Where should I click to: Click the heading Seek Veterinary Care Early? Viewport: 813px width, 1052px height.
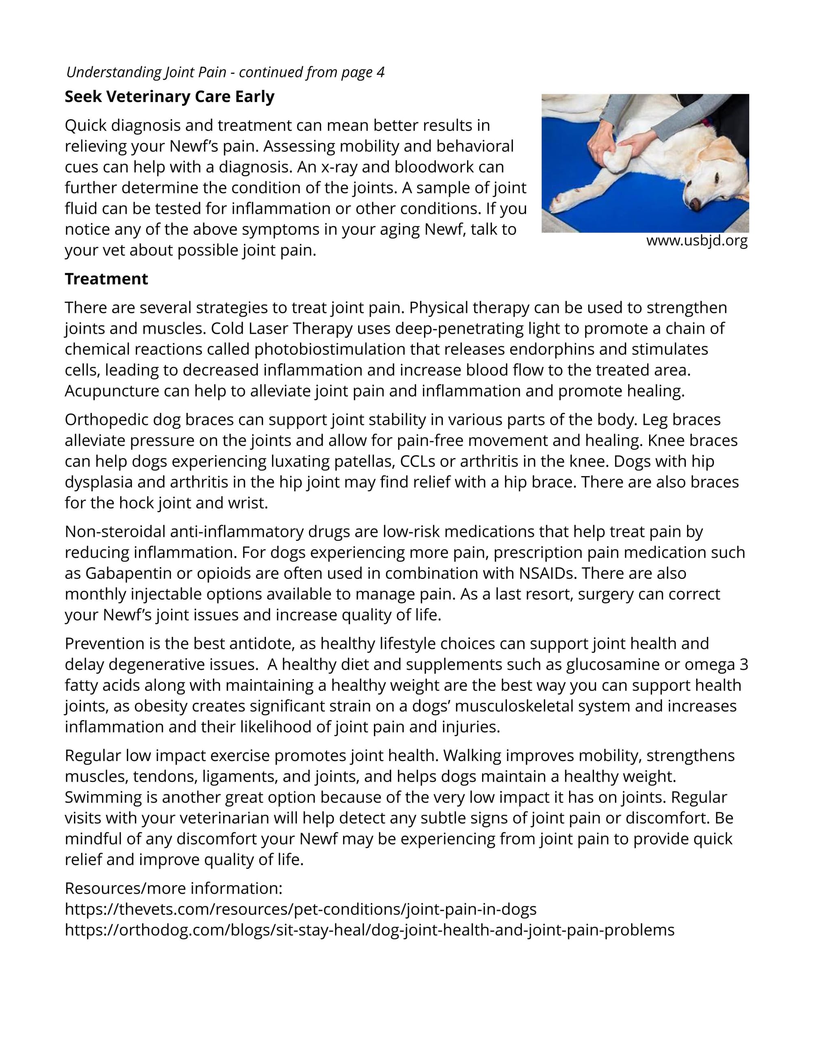(170, 97)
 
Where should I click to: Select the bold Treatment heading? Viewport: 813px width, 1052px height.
(107, 279)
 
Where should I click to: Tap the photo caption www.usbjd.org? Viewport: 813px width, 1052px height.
(696, 240)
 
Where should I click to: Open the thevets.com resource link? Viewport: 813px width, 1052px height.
(300, 909)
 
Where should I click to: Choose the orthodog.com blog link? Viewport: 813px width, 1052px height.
(370, 930)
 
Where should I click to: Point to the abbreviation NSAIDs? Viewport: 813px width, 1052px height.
(546, 574)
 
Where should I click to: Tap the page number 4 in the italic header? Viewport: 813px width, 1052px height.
(380, 72)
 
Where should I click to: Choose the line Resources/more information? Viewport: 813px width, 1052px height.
(174, 888)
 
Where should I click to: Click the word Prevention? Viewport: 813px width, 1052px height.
(109, 644)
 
